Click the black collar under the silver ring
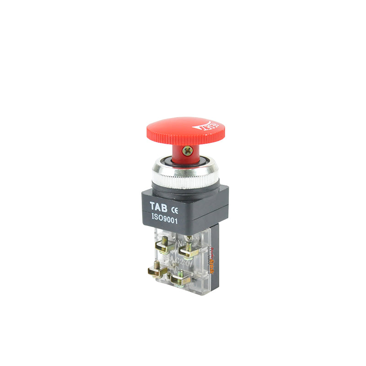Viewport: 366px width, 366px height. tap(183, 190)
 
